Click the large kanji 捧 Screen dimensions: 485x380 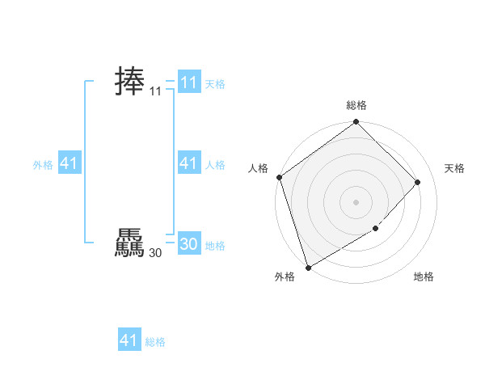click(x=129, y=82)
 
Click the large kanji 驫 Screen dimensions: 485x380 click(x=129, y=244)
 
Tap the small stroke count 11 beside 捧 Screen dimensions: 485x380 click(x=156, y=92)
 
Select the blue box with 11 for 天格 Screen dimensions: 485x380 click(x=188, y=82)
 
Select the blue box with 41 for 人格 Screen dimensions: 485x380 click(x=188, y=163)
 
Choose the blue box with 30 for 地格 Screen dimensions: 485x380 click(x=188, y=244)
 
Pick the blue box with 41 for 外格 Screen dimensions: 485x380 click(x=69, y=163)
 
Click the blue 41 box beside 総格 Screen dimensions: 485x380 click(x=129, y=340)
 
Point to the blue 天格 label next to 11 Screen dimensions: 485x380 click(x=215, y=84)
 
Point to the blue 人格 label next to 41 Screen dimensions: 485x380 click(x=215, y=165)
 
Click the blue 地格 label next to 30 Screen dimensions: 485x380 click(x=215, y=246)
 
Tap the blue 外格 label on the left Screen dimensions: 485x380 click(x=43, y=165)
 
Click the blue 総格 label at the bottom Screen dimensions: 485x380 click(x=155, y=342)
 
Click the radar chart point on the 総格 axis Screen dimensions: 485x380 click(x=356, y=123)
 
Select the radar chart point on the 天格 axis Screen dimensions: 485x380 click(x=418, y=183)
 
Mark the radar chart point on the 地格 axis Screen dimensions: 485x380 click(x=376, y=229)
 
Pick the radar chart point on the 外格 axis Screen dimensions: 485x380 click(x=308, y=267)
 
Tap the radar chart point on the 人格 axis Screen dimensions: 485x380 click(x=279, y=177)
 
